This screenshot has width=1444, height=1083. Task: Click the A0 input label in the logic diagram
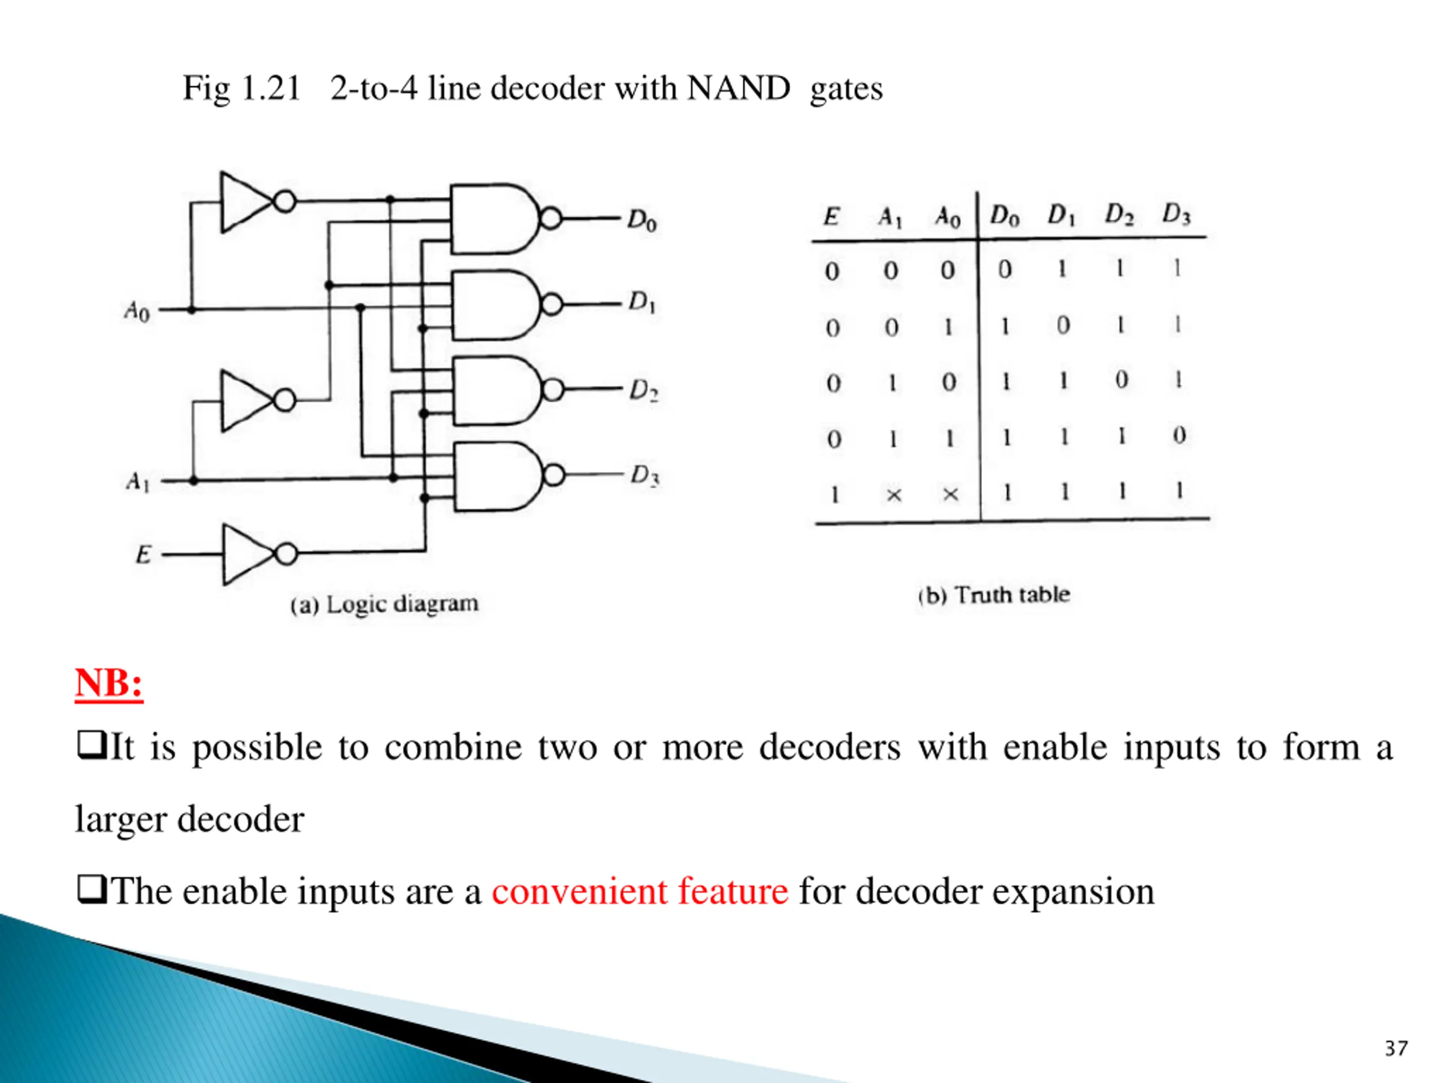coord(137,311)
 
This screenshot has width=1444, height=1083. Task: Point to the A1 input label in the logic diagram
coord(138,482)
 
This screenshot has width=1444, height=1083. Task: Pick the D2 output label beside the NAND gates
coord(644,390)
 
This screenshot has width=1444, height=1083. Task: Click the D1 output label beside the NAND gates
coord(642,302)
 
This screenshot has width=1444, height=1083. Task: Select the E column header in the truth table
coord(831,216)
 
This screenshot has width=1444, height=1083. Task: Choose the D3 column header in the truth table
coord(1176,213)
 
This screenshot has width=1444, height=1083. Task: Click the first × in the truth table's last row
coord(893,495)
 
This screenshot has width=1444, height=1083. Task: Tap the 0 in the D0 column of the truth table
coord(1005,269)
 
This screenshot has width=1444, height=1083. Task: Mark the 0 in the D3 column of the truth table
coord(1179,435)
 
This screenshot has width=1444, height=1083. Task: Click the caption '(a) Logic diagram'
coord(385,604)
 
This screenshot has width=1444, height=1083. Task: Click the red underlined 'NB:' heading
coord(109,684)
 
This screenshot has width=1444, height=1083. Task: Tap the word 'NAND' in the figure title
coord(738,87)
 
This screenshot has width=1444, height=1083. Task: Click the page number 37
coord(1397,1049)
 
